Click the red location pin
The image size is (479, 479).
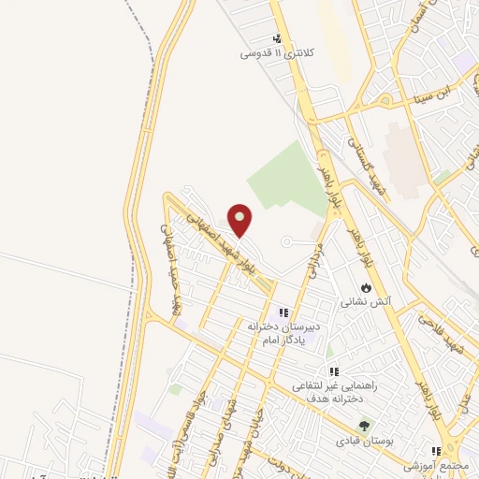click(240, 220)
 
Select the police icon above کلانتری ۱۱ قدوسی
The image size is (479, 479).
click(277, 38)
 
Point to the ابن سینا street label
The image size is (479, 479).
click(440, 92)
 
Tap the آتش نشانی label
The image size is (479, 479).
click(365, 302)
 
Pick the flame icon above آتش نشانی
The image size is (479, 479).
click(365, 286)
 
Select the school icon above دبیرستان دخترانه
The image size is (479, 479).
click(283, 312)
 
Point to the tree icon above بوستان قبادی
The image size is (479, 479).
click(364, 426)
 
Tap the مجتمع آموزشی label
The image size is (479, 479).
click(435, 465)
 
